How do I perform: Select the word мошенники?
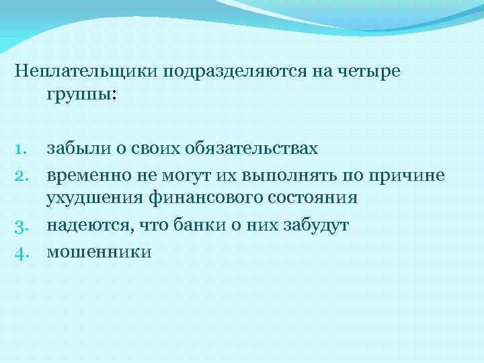[x=99, y=251]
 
